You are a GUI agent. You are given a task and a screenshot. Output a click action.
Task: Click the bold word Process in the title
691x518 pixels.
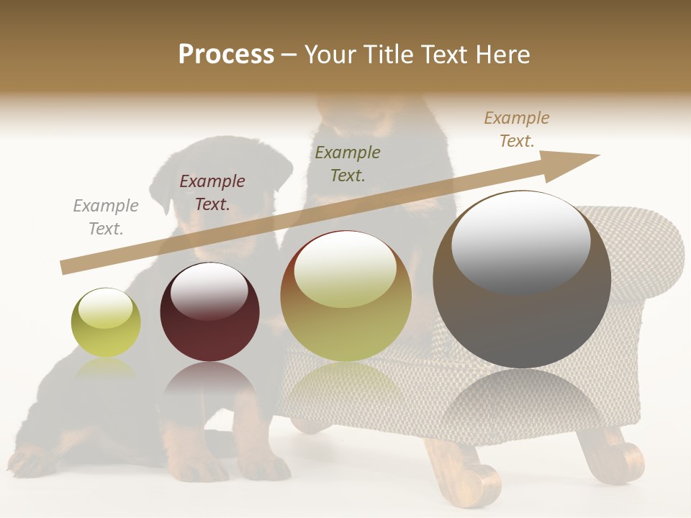226,55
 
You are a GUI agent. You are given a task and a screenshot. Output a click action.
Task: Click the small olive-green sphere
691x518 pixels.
106,323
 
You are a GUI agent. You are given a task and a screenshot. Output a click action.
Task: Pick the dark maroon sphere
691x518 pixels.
209,312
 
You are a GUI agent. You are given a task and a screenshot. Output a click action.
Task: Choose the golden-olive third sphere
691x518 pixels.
345,296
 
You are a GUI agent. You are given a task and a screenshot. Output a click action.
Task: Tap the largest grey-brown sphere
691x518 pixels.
522,280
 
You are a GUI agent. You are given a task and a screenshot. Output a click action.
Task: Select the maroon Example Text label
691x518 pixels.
212,193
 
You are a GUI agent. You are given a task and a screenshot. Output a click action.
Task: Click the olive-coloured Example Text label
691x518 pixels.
348,164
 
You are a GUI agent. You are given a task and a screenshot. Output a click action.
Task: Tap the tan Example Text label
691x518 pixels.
516,129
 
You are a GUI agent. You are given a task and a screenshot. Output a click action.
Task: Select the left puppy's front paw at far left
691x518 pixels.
32,460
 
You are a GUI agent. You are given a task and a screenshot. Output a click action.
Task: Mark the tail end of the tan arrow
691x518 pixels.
65,268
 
